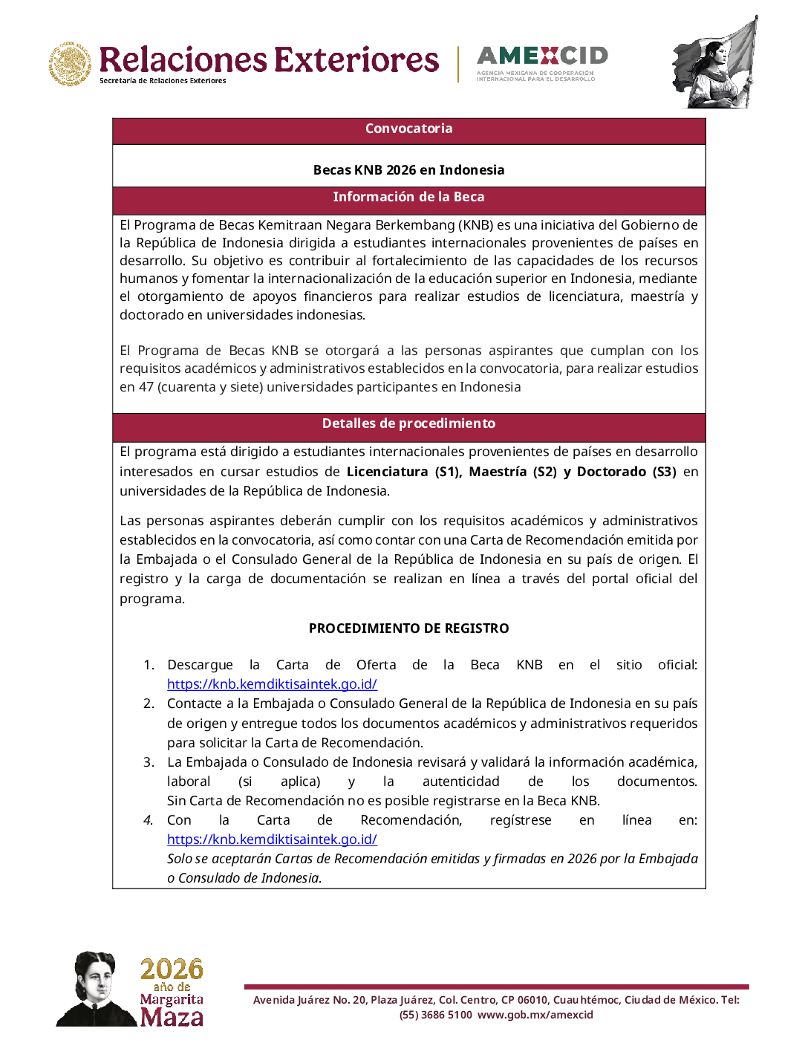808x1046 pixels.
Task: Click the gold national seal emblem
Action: click(71, 64)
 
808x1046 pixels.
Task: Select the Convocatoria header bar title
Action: click(408, 129)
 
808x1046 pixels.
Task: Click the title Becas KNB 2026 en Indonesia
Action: click(408, 170)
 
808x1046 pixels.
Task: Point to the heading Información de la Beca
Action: click(408, 197)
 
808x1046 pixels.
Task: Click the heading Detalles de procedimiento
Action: click(408, 423)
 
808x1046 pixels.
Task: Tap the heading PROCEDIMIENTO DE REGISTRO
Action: click(408, 628)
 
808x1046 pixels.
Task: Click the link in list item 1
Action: click(272, 684)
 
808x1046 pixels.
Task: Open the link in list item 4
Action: click(272, 839)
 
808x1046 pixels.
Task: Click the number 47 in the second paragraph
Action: click(146, 387)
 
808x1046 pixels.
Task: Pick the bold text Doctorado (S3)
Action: click(626, 472)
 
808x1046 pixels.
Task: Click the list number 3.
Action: click(149, 762)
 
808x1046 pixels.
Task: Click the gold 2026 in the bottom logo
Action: click(172, 969)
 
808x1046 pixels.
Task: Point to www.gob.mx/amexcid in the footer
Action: click(535, 1015)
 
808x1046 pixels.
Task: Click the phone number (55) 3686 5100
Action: click(435, 1015)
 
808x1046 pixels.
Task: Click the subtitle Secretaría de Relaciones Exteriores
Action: click(163, 81)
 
